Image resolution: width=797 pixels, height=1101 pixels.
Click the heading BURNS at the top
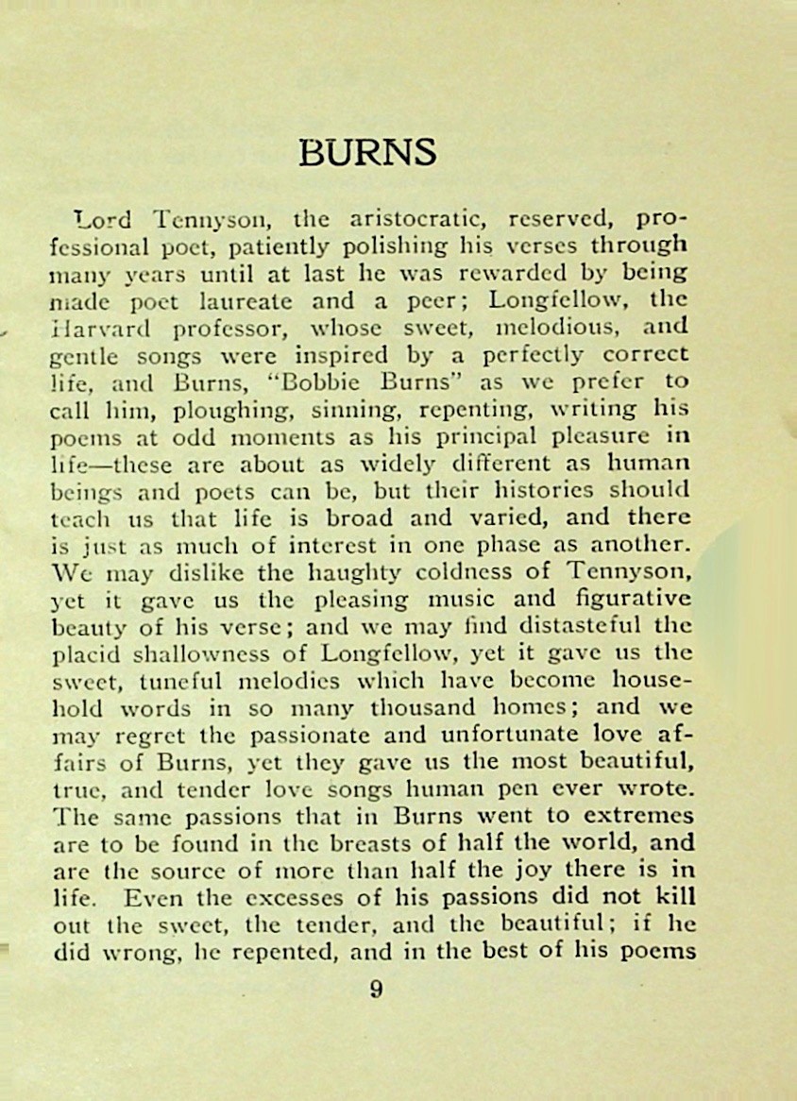(367, 152)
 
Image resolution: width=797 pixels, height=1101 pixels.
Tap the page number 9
(376, 991)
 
